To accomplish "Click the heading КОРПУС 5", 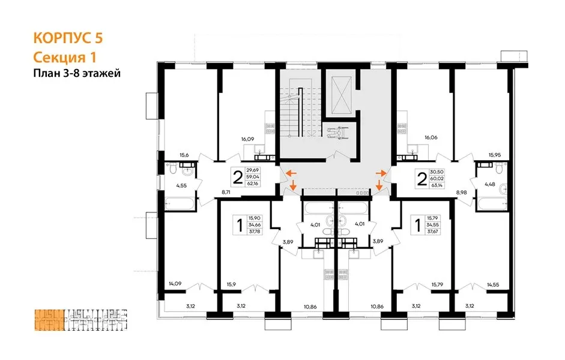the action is pos(68,38).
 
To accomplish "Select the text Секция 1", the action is pos(64,57).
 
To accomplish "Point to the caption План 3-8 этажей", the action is pos(77,73).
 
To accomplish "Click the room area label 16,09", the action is pos(248,139).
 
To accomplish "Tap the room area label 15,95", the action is pos(494,155).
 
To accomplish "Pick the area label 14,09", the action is pos(175,284).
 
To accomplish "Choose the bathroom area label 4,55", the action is pos(181,186).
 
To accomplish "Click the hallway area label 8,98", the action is pos(461,192).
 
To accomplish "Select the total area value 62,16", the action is pos(253,184).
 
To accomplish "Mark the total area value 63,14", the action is pos(437,186).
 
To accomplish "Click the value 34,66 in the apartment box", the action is pos(255,224).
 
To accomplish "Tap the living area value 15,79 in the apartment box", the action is pos(432,218).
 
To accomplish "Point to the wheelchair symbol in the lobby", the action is pos(337,131).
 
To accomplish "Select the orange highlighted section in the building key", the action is pos(49,320).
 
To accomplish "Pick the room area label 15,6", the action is pos(184,155).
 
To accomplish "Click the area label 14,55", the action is pos(493,285).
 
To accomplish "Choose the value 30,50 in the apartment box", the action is pos(437,172).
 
